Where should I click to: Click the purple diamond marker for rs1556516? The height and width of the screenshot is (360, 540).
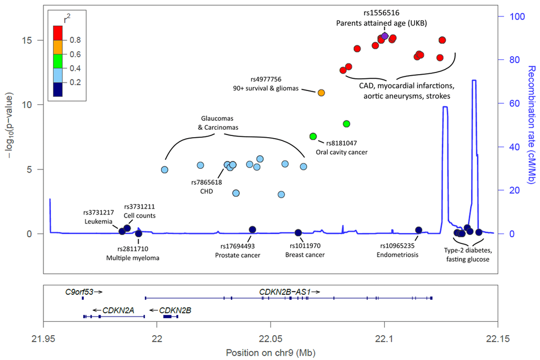pos(385,36)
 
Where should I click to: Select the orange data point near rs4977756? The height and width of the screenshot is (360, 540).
pos(321,93)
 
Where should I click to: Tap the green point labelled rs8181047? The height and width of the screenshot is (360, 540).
pos(313,137)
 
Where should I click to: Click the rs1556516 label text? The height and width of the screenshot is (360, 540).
pos(381,13)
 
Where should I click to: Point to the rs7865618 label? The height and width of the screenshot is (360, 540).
pos(206,182)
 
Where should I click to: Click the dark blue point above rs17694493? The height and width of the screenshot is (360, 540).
pos(253,229)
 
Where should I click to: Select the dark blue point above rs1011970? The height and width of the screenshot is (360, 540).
pos(298,232)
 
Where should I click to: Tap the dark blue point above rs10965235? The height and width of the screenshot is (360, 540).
pos(419,230)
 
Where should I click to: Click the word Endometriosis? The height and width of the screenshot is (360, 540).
pos(397,255)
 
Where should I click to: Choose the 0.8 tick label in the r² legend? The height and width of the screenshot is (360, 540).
pos(76,40)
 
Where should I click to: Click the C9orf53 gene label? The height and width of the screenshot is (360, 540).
pos(78,292)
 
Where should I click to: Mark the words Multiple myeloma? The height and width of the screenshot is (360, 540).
pos(132,258)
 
